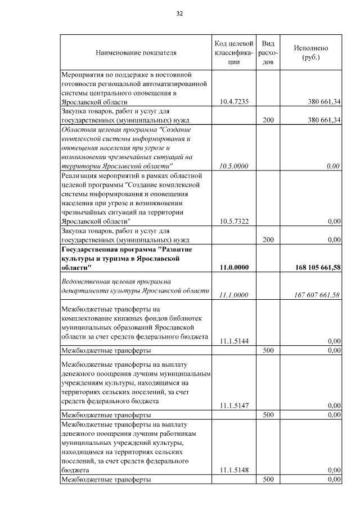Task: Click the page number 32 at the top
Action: click(x=180, y=13)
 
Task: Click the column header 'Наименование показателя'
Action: click(x=136, y=53)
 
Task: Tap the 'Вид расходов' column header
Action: click(x=268, y=53)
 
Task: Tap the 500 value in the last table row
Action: click(x=268, y=479)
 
